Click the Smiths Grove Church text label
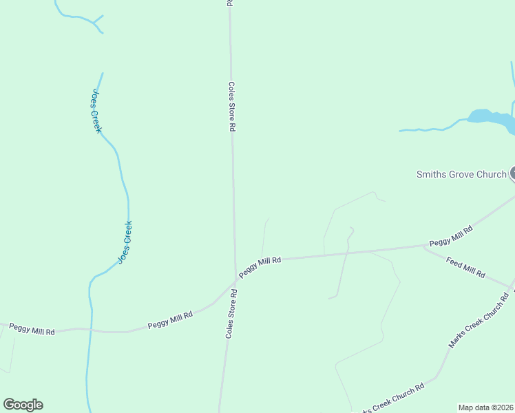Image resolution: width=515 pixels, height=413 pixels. pos(461,174)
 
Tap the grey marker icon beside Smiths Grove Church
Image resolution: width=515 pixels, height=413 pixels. pos(512,174)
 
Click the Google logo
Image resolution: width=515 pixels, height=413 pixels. pos(23,405)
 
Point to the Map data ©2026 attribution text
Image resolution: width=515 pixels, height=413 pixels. pos(486,407)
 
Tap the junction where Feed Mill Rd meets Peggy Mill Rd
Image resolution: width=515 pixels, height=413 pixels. pos(423,246)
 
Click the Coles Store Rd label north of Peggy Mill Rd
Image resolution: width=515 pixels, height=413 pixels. pos(232,107)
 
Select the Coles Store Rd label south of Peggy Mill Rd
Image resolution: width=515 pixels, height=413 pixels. pos(231,313)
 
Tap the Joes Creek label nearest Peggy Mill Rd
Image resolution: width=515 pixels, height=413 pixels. pos(125,242)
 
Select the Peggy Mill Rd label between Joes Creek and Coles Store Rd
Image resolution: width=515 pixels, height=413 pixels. pos(170,319)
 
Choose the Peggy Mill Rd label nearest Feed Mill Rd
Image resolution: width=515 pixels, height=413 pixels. pos(450,235)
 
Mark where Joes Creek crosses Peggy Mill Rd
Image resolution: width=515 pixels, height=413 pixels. pos(90,330)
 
